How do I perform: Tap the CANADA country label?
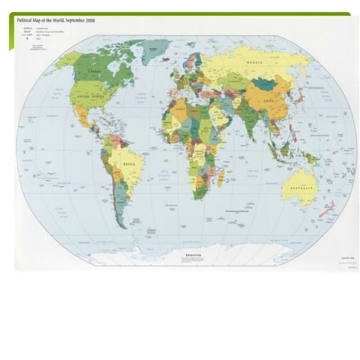[94, 71]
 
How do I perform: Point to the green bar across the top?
[180, 13]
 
